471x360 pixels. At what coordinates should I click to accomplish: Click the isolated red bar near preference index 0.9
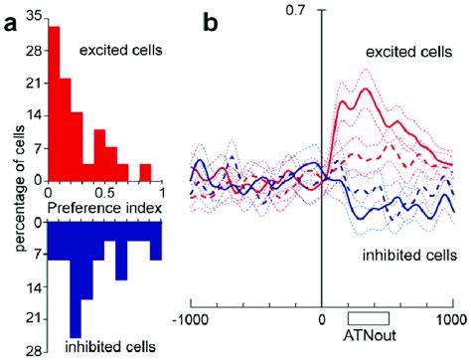click(145, 171)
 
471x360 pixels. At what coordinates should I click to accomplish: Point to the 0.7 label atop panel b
click(321, 11)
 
